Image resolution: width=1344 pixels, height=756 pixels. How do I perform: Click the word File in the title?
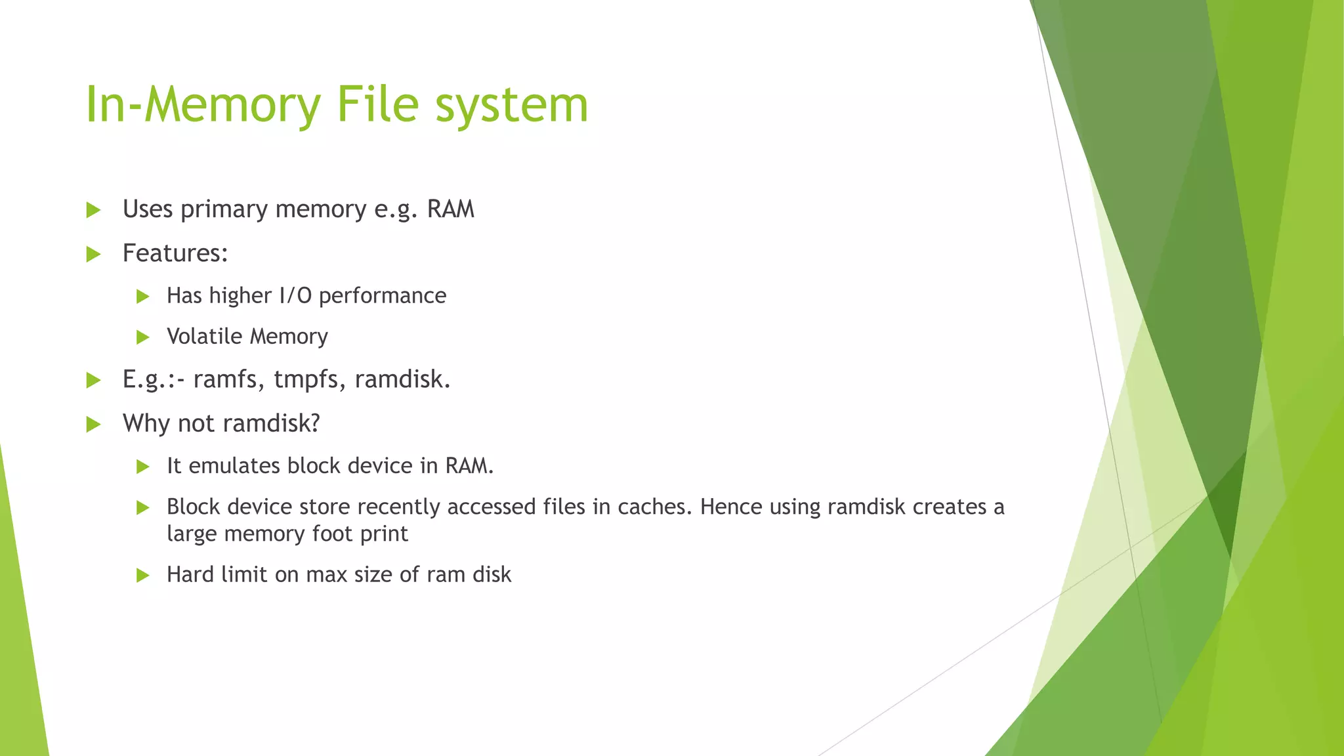click(377, 104)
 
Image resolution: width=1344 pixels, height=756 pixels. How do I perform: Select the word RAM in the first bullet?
click(450, 209)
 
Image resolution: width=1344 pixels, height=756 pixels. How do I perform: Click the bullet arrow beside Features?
click(93, 254)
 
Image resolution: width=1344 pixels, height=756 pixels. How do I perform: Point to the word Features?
click(175, 253)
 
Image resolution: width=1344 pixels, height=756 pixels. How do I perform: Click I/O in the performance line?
click(295, 296)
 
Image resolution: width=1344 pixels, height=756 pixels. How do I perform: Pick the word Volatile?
click(205, 337)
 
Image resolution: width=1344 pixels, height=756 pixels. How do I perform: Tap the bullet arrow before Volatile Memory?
click(142, 337)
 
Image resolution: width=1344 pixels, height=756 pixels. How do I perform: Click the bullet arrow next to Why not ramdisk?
click(93, 424)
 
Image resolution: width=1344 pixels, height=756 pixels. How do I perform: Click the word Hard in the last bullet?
click(190, 575)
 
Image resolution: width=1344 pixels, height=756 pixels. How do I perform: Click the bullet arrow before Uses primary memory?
click(93, 210)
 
